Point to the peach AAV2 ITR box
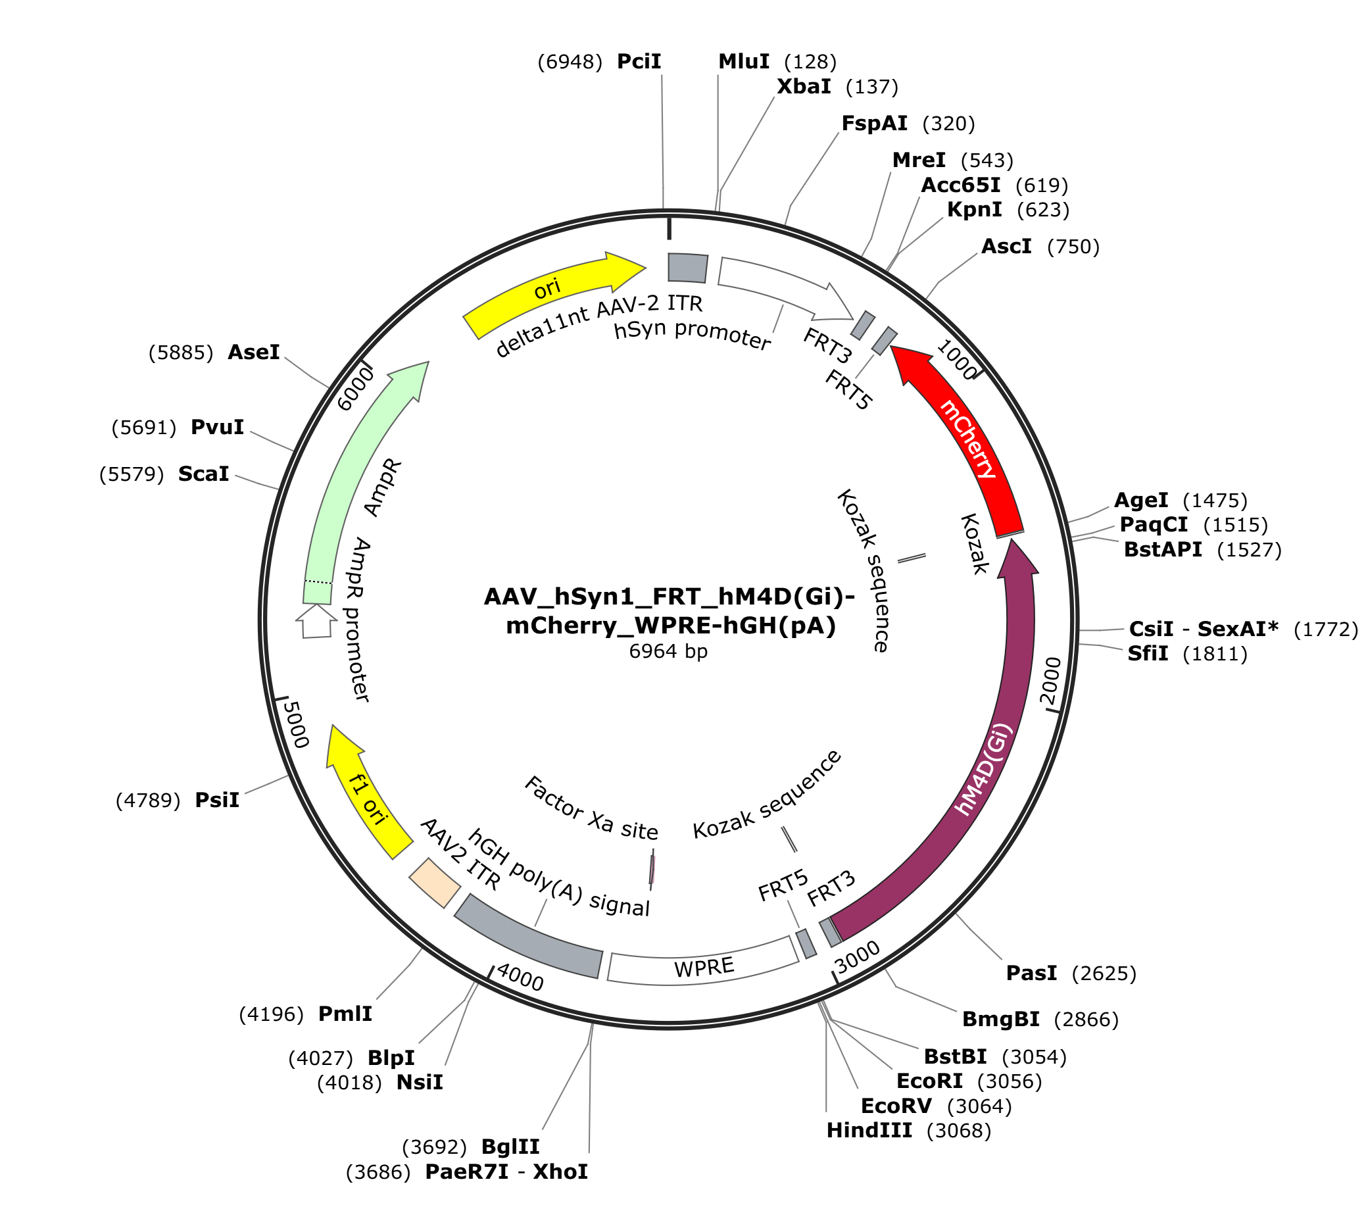tap(434, 883)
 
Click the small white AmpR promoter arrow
tap(316, 621)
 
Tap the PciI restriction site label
tap(638, 61)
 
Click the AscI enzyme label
tap(1006, 247)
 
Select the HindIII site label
tap(869, 1130)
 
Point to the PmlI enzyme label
tap(345, 1014)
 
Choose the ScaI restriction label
tap(203, 474)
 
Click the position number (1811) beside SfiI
tap(1215, 654)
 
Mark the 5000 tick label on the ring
tap(296, 724)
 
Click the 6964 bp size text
tap(668, 651)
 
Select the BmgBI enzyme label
tap(1000, 1019)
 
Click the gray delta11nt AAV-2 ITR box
tap(688, 267)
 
